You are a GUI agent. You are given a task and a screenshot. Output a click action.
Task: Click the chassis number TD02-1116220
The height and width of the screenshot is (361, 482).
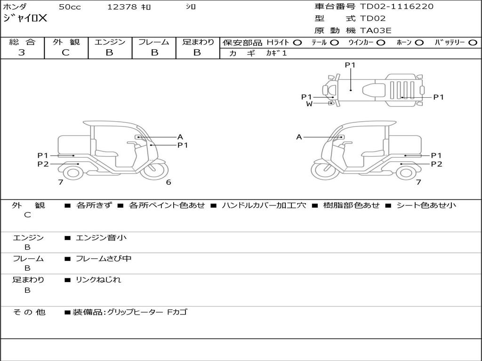[397, 7]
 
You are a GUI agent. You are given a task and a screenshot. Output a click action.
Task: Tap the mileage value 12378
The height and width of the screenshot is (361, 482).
[122, 7]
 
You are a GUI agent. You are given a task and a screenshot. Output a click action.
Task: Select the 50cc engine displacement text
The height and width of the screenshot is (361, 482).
[69, 7]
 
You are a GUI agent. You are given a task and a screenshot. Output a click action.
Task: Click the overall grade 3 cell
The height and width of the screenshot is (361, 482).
[22, 53]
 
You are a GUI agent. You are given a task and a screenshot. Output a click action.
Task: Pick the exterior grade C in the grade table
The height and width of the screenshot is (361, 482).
[66, 53]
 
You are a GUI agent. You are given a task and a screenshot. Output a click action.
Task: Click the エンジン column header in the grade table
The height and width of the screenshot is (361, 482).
[110, 42]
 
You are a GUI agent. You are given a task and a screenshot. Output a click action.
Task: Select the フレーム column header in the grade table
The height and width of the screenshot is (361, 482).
[154, 42]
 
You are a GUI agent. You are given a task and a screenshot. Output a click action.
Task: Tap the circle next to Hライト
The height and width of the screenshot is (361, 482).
[297, 42]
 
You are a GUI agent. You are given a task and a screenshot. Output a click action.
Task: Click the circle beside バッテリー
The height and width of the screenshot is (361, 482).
[473, 42]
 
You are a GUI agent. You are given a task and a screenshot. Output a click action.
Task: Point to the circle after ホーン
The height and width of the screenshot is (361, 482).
[419, 42]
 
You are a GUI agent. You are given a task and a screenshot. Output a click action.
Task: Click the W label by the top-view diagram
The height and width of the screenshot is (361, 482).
[309, 104]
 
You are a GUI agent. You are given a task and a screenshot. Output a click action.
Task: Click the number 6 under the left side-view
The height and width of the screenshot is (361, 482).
[169, 182]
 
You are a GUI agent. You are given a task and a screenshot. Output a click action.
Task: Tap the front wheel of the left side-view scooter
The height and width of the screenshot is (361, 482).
[155, 171]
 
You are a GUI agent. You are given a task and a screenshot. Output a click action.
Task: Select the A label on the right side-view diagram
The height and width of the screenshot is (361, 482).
[299, 137]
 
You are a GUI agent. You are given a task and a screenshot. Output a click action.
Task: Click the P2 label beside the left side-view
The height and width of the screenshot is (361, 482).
[43, 164]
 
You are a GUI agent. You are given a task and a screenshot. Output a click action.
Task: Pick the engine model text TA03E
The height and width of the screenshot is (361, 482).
[376, 31]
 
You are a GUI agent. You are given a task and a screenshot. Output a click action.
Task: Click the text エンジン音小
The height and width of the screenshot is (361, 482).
[101, 238]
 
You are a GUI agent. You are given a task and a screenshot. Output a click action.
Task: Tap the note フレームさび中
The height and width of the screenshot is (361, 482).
[104, 259]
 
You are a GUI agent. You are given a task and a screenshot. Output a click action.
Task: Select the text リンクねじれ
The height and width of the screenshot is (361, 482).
[98, 280]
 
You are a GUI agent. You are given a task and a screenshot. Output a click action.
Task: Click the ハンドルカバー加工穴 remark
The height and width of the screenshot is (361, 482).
[264, 205]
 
